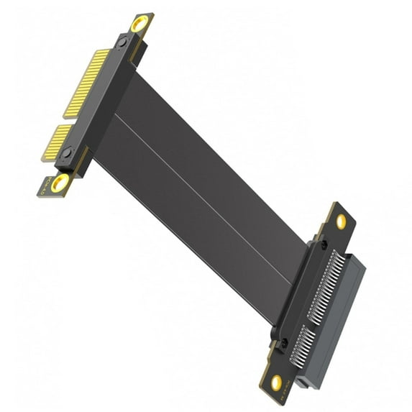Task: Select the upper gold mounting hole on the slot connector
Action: click(340, 221)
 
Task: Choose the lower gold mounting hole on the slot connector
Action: click(275, 382)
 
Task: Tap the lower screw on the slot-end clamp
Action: click(283, 343)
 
